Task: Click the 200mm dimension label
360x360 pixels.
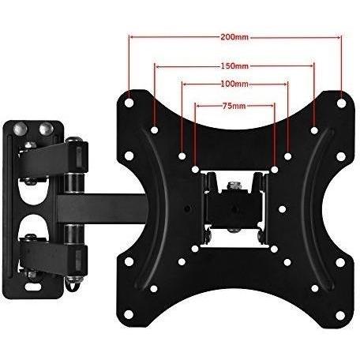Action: pyautogui.click(x=234, y=37)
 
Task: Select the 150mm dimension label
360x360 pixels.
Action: pyautogui.click(x=234, y=66)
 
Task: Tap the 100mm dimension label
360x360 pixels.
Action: pyautogui.click(x=234, y=84)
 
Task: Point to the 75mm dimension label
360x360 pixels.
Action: pyautogui.click(x=234, y=106)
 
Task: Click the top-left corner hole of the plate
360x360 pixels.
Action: pyautogui.click(x=129, y=103)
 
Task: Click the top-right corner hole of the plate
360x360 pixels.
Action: pyautogui.click(x=341, y=103)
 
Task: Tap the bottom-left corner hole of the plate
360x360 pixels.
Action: pyautogui.click(x=128, y=314)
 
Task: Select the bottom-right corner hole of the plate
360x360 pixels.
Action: pyautogui.click(x=340, y=315)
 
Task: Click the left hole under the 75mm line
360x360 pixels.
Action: pyautogui.click(x=195, y=170)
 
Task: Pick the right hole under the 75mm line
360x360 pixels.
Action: pyautogui.click(x=275, y=170)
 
